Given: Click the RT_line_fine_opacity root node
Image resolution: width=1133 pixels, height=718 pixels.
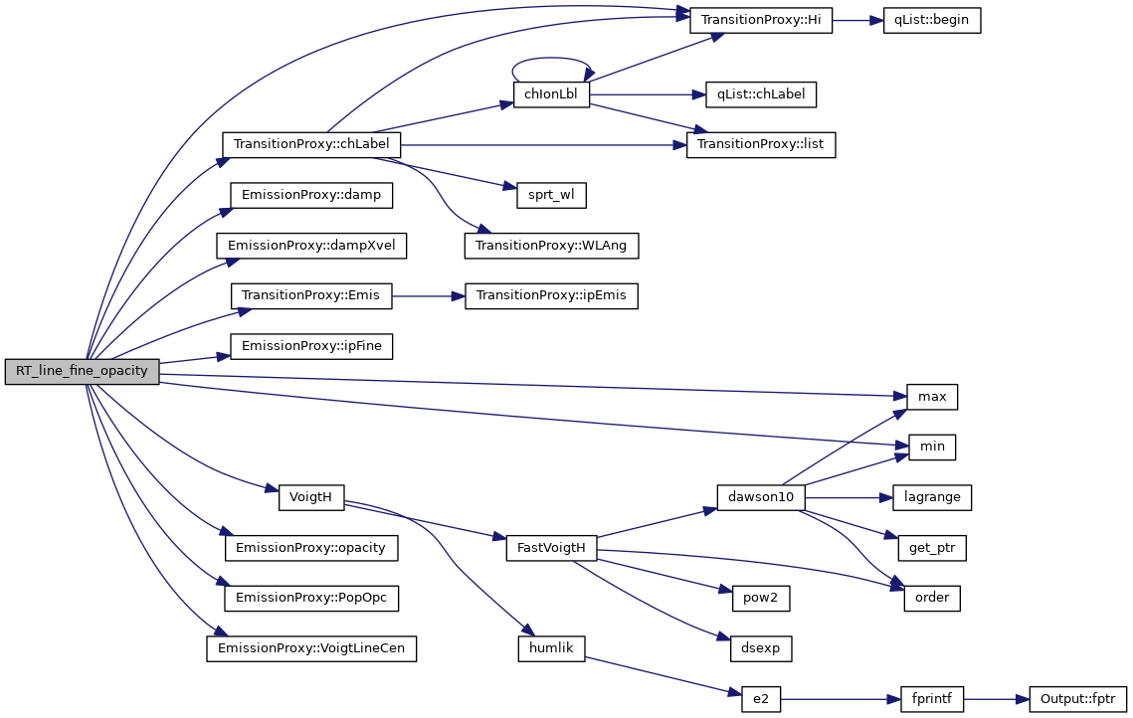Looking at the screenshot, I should pyautogui.click(x=82, y=372).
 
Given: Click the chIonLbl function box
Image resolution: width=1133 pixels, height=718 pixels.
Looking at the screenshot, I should pyautogui.click(x=551, y=94).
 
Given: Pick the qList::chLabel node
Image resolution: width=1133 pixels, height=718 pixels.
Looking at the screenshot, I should pyautogui.click(x=760, y=94).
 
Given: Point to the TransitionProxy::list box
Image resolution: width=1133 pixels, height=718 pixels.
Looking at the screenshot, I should pyautogui.click(x=761, y=144).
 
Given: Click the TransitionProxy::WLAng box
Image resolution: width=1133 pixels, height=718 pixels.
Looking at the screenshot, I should pyautogui.click(x=551, y=245).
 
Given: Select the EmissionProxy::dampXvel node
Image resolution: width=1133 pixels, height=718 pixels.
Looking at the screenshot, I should pyautogui.click(x=310, y=245).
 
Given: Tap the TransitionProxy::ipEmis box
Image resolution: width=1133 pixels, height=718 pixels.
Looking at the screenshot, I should pyautogui.click(x=551, y=295).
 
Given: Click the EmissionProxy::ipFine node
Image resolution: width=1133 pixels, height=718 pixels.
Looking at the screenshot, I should pyautogui.click(x=311, y=346).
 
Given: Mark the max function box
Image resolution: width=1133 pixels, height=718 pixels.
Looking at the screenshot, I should pyautogui.click(x=931, y=397).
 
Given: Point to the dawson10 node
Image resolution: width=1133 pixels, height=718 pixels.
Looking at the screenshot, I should pyautogui.click(x=760, y=497).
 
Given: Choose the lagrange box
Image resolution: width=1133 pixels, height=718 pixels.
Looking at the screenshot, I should pyautogui.click(x=931, y=497).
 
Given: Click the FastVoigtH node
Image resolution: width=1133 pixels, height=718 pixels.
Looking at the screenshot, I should pyautogui.click(x=551, y=548).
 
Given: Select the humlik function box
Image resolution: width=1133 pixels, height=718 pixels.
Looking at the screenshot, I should pyautogui.click(x=551, y=648).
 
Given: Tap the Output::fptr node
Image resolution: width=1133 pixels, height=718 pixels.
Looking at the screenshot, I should pyautogui.click(x=1078, y=699).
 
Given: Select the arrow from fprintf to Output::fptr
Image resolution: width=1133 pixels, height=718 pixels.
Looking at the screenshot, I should pyautogui.click(x=997, y=699).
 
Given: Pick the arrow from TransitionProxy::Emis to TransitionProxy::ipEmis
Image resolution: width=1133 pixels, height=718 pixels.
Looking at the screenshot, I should pyautogui.click(x=429, y=295).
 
